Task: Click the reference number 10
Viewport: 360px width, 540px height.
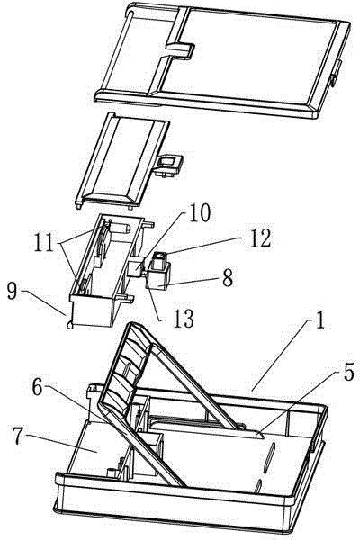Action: tap(199, 213)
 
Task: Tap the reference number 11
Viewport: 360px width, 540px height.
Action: tap(43, 242)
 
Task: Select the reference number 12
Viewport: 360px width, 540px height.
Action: tap(260, 238)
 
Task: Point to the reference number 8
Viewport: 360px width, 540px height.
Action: tap(227, 277)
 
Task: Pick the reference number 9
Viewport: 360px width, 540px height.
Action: tap(12, 292)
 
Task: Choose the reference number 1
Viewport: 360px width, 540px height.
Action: tap(320, 319)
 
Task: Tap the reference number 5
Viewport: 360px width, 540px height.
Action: tap(348, 372)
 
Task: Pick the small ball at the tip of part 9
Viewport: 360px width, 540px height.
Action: tap(70, 326)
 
